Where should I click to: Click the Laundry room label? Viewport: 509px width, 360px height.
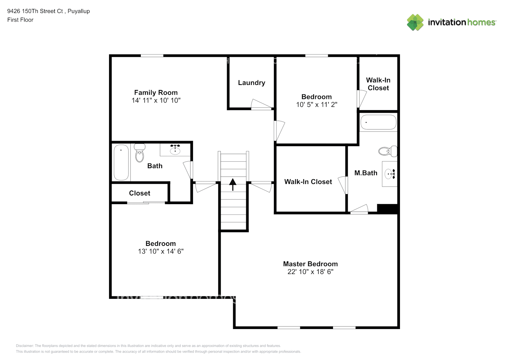point(252,83)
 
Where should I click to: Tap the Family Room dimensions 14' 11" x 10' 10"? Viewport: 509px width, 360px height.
point(156,100)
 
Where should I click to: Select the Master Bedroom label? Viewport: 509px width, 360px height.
point(310,264)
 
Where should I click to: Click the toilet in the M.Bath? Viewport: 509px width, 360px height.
point(388,151)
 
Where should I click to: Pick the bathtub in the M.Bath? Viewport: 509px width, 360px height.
point(378,122)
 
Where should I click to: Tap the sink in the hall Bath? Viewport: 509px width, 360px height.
point(175,149)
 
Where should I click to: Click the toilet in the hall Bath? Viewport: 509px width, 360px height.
point(140,153)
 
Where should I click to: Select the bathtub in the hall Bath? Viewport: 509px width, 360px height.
point(121,162)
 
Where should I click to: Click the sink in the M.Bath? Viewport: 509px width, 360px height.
point(390,174)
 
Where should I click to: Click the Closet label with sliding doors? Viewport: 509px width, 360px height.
point(140,193)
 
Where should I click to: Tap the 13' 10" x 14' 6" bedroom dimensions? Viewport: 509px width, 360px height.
point(161,251)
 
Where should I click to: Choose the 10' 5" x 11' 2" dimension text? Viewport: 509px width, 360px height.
point(316,104)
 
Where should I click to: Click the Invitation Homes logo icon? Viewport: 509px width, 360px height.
point(415,22)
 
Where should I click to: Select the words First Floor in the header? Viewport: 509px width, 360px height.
point(20,20)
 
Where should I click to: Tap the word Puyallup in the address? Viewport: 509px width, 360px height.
point(78,12)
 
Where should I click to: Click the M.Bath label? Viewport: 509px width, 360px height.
point(366,173)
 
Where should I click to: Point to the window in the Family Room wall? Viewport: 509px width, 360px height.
point(152,56)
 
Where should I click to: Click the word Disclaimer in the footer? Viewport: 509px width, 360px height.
point(24,346)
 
